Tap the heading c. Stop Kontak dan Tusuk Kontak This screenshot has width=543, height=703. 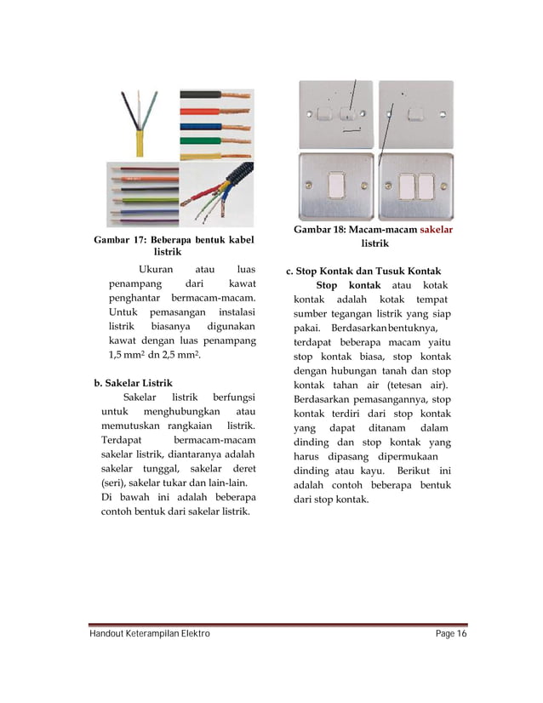click(363, 271)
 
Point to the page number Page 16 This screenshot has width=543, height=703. click(450, 635)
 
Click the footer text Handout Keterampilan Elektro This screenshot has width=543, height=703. click(149, 635)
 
